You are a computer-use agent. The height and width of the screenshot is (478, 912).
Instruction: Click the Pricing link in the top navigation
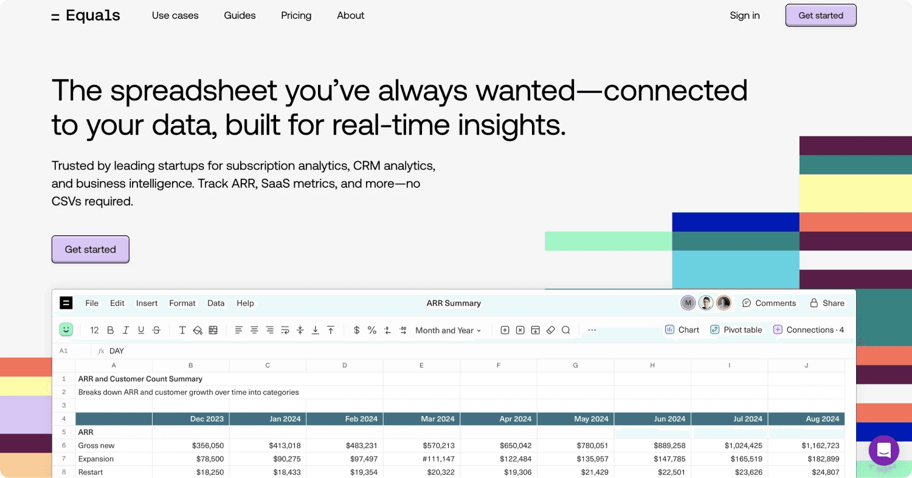pos(296,16)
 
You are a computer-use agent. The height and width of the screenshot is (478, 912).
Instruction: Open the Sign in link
pos(744,16)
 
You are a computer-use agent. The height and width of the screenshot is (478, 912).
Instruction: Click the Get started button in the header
pos(820,16)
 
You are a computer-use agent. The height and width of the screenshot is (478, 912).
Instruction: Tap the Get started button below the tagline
pos(90,249)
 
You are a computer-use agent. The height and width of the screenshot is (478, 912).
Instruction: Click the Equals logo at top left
pos(86,16)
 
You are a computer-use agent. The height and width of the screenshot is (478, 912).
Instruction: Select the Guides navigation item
pos(240,16)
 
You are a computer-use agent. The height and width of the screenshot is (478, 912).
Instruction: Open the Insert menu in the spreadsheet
pos(147,303)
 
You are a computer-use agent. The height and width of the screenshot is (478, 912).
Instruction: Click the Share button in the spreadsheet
pos(827,303)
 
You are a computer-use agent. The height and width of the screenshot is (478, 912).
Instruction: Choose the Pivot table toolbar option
pos(736,330)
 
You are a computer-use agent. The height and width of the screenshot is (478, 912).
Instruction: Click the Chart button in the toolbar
pos(682,330)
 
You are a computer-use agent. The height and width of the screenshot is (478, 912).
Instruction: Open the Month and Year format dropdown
pos(448,331)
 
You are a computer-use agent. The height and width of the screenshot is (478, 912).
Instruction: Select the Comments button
pos(769,303)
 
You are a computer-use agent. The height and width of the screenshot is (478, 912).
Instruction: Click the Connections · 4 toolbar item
pos(809,330)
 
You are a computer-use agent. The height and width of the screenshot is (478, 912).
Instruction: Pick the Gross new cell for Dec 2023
pos(191,446)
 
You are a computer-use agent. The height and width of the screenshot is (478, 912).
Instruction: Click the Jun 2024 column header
pos(652,419)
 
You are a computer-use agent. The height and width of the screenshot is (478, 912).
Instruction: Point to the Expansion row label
pos(96,459)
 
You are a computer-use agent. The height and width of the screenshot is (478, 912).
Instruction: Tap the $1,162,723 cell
pos(806,446)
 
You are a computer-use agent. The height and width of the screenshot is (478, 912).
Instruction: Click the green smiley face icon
pos(66,330)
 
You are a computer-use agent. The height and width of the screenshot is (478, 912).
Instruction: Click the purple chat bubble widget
pos(883,451)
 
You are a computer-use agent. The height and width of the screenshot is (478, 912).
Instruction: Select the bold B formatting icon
pos(110,330)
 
